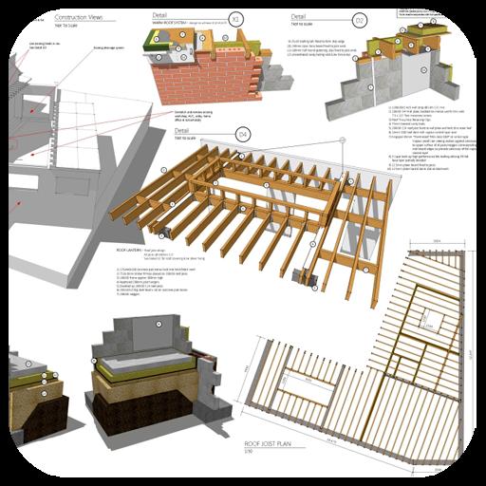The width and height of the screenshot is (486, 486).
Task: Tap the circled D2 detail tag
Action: [361, 21]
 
